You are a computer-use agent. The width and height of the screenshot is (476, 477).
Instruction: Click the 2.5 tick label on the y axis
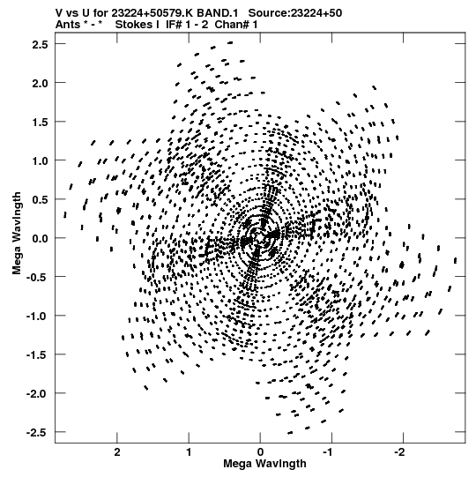[40, 45]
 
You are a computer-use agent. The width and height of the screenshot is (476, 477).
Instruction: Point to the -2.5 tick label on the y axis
[37, 432]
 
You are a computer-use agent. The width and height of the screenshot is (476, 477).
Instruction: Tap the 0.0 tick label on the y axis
[40, 238]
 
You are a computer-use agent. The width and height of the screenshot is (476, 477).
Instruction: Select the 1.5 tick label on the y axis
[40, 123]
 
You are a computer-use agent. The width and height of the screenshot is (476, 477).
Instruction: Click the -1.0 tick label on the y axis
[37, 316]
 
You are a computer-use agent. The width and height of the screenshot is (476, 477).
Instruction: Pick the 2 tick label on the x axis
[117, 452]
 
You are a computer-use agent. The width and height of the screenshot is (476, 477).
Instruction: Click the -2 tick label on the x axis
[400, 452]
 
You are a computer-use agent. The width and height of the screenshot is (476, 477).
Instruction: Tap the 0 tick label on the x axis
[260, 452]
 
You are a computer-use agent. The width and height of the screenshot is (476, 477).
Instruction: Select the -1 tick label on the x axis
[329, 452]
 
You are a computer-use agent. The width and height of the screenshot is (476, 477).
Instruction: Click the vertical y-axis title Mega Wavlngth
[17, 234]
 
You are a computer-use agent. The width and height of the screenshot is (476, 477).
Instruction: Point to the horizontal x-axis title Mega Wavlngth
[264, 464]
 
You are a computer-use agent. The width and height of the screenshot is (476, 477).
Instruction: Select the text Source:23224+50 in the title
[295, 13]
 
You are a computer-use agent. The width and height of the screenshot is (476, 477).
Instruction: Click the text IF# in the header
[175, 25]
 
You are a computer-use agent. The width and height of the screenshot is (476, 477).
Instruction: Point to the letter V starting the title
[59, 13]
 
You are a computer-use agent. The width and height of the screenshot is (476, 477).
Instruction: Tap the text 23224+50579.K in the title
[152, 13]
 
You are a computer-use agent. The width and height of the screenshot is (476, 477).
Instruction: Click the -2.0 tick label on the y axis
[37, 393]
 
